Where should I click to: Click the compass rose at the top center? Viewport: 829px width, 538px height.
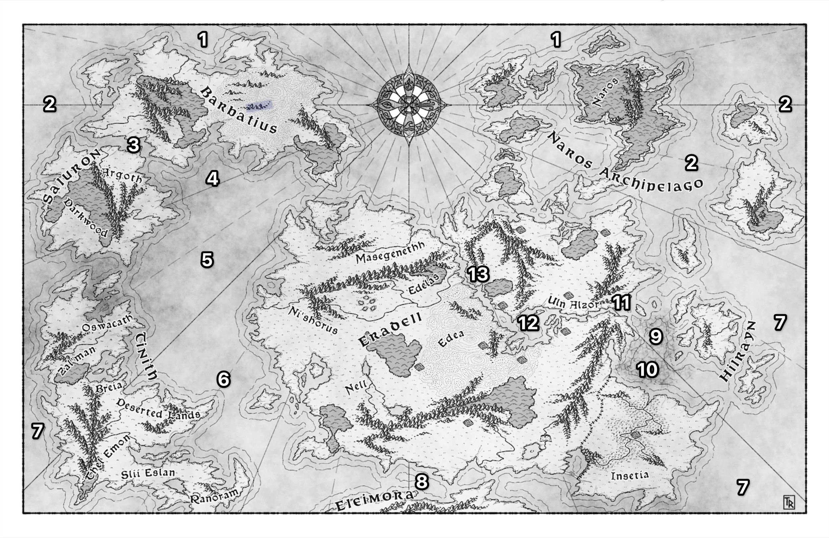pos(409,104)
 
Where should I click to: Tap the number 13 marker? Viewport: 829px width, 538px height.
pos(478,274)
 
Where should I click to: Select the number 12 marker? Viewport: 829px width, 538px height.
pos(528,323)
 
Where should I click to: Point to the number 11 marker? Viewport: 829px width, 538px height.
pos(621,302)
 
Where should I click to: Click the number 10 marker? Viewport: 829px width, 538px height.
pos(647,370)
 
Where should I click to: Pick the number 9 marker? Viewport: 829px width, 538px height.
pos(656,336)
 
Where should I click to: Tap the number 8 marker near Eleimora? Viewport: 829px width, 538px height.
pos(421,482)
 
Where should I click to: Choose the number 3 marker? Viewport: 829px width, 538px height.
pos(133,145)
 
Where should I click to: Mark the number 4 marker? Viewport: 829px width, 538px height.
pos(212,179)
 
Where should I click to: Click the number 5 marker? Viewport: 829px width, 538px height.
pos(207,260)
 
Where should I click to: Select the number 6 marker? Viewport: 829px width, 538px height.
pos(223,379)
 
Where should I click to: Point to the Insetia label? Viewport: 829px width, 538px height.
pos(630,476)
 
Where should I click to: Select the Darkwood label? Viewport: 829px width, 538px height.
pos(86,219)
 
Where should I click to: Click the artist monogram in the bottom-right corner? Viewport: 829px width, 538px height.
pos(789,502)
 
